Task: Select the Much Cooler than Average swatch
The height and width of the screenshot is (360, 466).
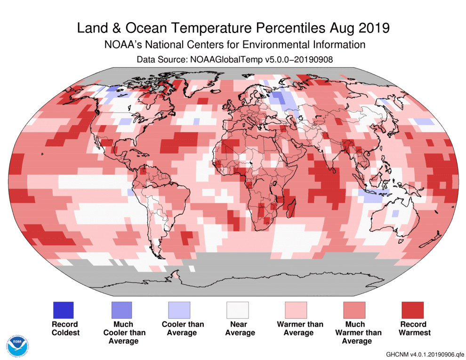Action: click(121, 310)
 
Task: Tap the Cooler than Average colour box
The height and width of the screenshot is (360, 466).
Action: click(179, 310)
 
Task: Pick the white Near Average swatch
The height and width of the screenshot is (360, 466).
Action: click(238, 310)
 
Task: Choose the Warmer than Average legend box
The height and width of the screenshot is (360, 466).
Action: click(296, 310)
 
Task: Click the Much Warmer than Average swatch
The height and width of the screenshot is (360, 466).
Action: click(354, 310)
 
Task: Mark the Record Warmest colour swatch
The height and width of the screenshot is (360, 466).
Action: click(412, 310)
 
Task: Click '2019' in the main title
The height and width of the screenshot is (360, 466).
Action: click(373, 28)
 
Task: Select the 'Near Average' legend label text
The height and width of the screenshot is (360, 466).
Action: click(240, 328)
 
